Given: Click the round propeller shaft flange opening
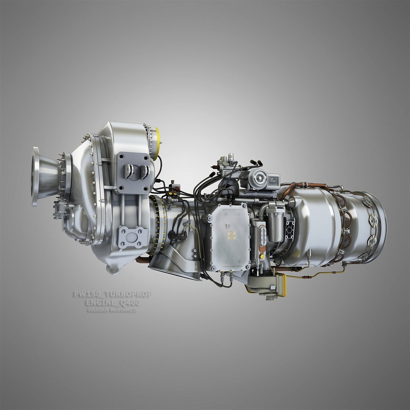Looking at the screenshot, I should click(x=36, y=177).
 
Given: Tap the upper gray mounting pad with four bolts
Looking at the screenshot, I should click(x=133, y=173).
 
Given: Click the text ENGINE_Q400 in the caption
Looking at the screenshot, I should click(x=113, y=303).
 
